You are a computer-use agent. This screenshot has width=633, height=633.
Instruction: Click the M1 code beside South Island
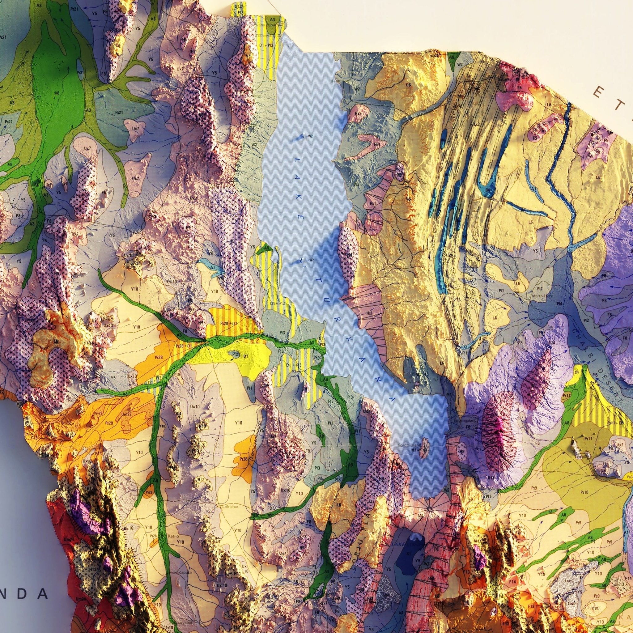tap(414, 450)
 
